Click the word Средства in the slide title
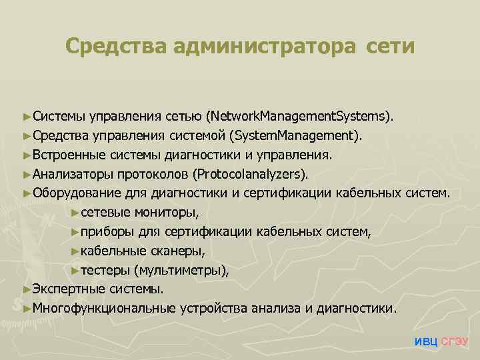pos(116,47)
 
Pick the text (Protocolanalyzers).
pos(251,174)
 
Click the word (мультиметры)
pos(181,271)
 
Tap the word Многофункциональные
pos(103,309)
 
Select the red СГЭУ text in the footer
pos(455,342)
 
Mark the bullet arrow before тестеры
pos(75,271)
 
